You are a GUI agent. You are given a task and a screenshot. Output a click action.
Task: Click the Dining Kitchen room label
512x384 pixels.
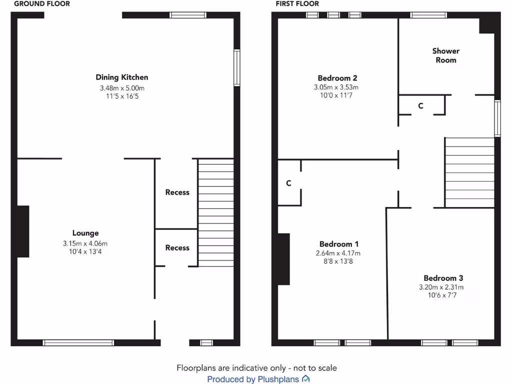122,77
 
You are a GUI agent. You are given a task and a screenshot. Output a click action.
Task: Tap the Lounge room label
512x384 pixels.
85,233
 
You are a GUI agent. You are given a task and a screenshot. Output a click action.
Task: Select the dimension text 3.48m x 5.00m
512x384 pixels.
122,88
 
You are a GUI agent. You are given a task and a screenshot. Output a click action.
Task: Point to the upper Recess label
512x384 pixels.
177,192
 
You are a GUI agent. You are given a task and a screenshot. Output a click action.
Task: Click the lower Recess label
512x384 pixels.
177,247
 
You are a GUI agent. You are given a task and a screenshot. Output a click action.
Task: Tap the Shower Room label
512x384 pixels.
445,55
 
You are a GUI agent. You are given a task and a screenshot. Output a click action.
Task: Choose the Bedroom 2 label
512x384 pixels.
337,78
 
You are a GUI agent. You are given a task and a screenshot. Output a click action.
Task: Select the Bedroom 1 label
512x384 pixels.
339,244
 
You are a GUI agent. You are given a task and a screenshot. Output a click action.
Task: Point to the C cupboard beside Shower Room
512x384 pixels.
420,106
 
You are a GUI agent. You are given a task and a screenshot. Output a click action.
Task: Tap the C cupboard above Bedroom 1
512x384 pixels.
288,183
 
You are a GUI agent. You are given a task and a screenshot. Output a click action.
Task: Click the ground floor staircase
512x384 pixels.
216,212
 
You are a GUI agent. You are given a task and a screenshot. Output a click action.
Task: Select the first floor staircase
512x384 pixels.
469,172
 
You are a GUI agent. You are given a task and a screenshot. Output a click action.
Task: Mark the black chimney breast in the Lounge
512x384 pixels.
23,231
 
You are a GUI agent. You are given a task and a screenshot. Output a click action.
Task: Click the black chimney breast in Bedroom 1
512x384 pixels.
283,259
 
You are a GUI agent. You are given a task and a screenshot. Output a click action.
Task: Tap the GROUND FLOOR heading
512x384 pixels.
42,3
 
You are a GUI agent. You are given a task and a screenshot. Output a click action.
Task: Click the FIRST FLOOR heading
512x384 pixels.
297,3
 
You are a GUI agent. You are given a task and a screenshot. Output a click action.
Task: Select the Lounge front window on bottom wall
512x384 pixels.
78,342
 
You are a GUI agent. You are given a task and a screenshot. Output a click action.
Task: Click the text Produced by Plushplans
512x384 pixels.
253,379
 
